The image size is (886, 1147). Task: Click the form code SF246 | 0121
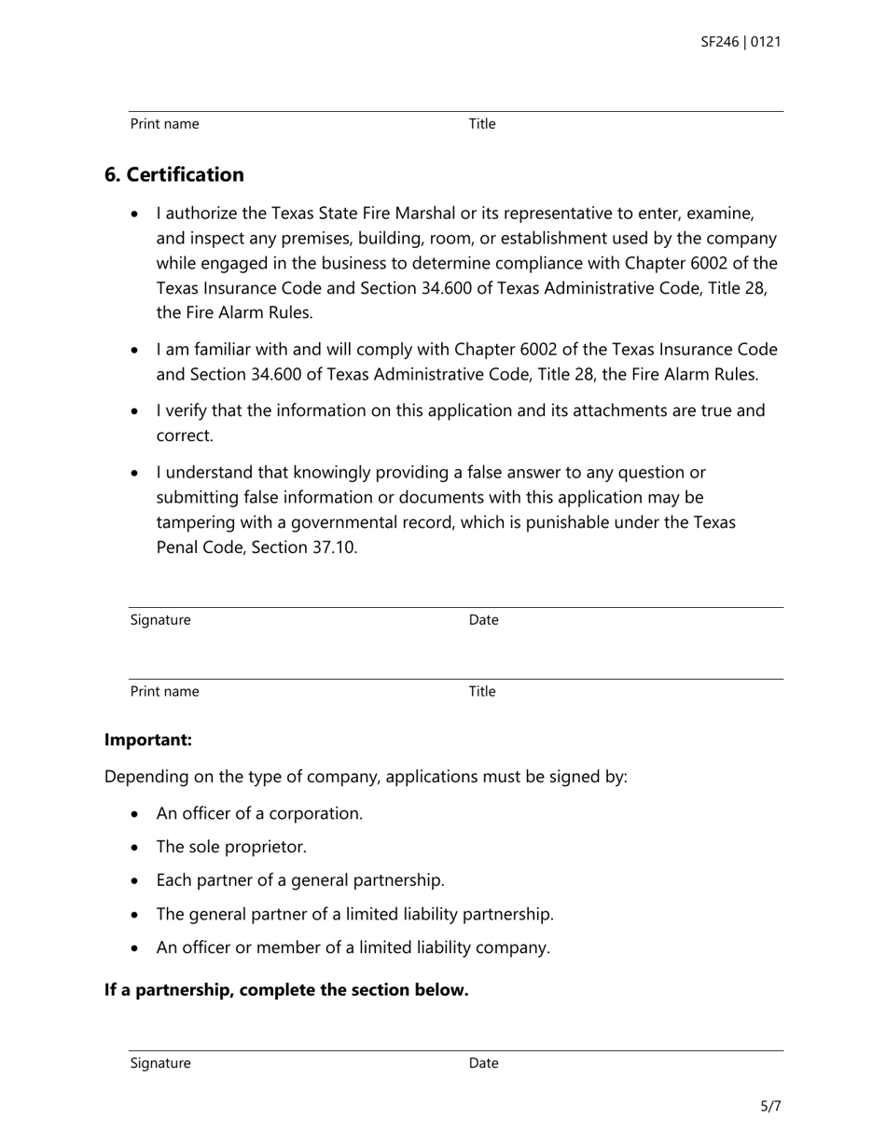pos(741,42)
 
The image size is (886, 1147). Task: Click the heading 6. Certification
pos(174,175)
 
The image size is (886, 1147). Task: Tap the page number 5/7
pos(770,1107)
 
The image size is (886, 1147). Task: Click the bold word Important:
pos(148,740)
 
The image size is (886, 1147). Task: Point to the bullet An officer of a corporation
pos(259,814)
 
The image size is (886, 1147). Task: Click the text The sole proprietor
pos(231,848)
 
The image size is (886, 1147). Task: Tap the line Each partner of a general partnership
pos(300,881)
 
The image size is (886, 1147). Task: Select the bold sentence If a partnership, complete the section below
pos(286,990)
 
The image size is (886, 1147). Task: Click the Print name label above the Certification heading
pos(164,124)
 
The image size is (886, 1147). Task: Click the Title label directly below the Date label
pos(482,692)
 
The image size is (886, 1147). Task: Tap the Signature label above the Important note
pos(160,620)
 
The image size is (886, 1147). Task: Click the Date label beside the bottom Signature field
pos(483,1063)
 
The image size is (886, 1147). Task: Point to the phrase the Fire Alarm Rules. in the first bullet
pos(235,312)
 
